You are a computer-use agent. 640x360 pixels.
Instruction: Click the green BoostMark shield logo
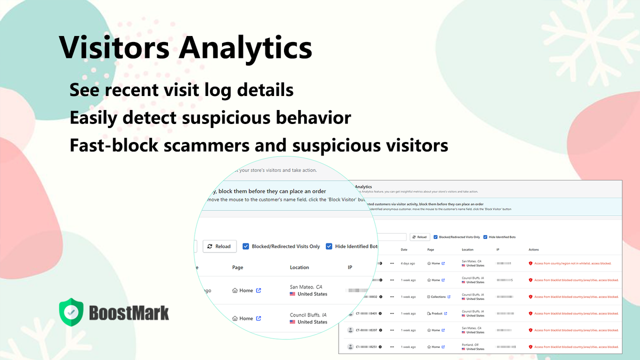[71, 312]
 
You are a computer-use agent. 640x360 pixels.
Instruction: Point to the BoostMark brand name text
[129, 312]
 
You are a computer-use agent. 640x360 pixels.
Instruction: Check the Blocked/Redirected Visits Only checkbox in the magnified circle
[246, 246]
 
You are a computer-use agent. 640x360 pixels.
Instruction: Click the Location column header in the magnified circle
[299, 267]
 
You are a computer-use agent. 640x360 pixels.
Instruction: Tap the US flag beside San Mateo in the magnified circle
[292, 294]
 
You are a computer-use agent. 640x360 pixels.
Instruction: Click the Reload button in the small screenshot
[420, 237]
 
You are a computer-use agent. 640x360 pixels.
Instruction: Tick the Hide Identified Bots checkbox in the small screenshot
[485, 237]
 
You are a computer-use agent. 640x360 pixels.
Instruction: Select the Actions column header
[533, 249]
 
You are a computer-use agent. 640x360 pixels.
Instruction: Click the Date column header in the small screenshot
[404, 249]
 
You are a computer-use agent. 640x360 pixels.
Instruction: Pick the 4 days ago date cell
[408, 263]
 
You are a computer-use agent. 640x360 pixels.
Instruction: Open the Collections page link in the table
[439, 296]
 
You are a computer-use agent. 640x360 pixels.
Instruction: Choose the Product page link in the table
[436, 313]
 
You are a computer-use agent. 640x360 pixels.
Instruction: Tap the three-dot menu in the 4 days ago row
[392, 263]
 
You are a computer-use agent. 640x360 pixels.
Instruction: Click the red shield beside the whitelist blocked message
[530, 263]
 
